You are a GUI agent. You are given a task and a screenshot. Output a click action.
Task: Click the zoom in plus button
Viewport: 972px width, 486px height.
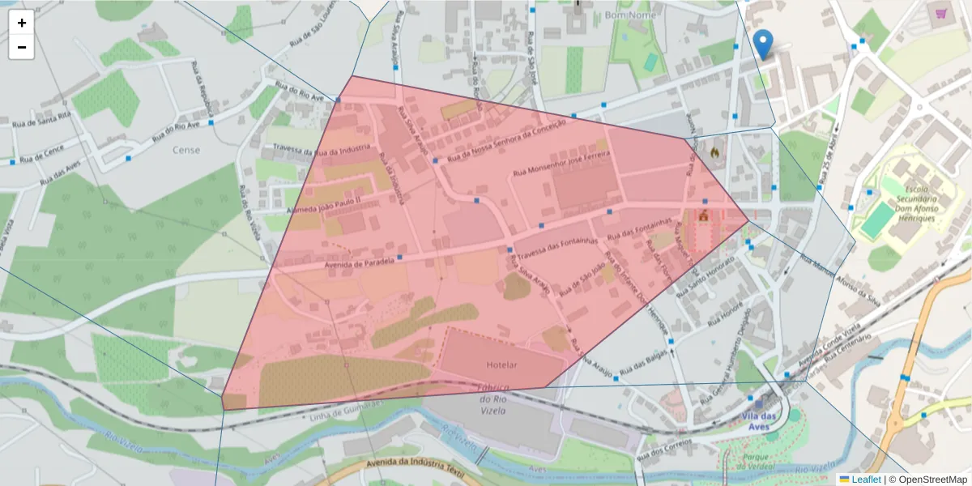(x=21, y=23)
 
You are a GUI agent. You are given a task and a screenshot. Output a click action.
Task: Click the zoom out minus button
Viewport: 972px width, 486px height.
(x=21, y=47)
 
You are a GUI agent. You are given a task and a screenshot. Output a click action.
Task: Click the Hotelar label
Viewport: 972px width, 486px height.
(x=501, y=365)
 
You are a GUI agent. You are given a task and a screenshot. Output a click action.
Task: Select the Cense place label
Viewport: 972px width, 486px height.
(x=186, y=150)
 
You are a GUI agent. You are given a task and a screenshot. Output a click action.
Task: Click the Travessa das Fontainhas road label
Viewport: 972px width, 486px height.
(x=556, y=245)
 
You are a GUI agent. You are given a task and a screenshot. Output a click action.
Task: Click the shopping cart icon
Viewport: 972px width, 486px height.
(x=940, y=14)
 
